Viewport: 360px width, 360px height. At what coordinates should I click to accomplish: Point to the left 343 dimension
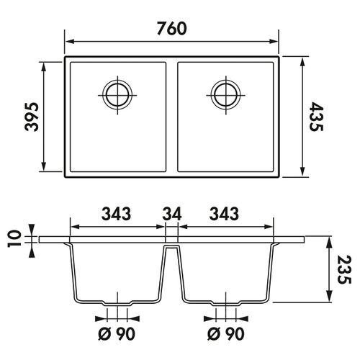[x=117, y=214]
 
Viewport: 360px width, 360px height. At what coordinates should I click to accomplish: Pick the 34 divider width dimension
[x=171, y=214]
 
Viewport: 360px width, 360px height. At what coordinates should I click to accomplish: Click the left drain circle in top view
[x=117, y=94]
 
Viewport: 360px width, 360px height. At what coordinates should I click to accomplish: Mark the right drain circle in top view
[x=225, y=94]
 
